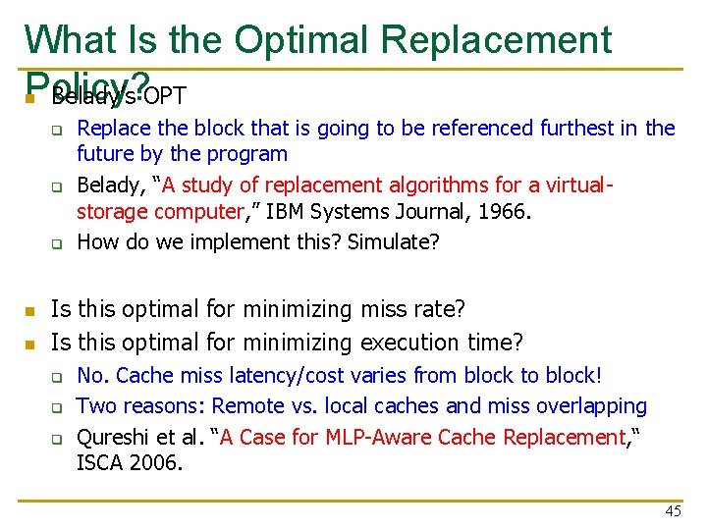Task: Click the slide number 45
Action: [x=673, y=511]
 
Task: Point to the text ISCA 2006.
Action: [x=128, y=461]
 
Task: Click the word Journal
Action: [x=423, y=212]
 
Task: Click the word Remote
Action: [x=247, y=405]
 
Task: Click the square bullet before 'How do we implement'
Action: [x=57, y=242]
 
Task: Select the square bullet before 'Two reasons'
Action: [x=57, y=406]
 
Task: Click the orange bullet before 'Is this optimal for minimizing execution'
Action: [x=30, y=344]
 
